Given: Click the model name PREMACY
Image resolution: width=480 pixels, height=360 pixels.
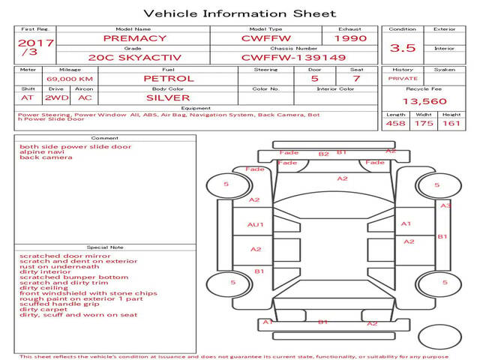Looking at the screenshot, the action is (x=135, y=38).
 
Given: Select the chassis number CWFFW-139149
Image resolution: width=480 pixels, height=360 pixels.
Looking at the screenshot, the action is (x=293, y=58).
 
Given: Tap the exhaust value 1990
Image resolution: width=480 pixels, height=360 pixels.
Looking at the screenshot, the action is (x=350, y=38).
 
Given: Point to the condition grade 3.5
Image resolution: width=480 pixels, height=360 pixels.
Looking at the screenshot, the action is (x=403, y=48).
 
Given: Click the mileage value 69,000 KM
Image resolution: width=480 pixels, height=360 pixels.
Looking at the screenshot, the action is (x=70, y=79).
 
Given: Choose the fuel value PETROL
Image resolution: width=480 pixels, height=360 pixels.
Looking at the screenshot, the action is (x=169, y=79).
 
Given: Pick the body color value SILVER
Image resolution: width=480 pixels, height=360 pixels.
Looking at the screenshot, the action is (x=168, y=98).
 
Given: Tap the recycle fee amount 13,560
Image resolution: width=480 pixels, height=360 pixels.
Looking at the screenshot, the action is (x=424, y=101).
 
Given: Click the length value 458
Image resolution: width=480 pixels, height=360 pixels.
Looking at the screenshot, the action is (x=395, y=123).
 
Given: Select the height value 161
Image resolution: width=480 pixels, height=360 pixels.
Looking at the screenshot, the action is (x=451, y=123).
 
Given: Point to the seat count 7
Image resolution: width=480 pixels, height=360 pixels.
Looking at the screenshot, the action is (x=356, y=79).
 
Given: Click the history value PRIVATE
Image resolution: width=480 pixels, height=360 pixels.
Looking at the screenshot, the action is (x=403, y=79).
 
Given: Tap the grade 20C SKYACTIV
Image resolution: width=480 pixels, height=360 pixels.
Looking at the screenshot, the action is (x=135, y=58).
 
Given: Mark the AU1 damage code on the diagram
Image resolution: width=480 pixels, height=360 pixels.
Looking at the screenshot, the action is (x=255, y=225).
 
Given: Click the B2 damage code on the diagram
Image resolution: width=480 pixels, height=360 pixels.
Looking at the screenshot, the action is (x=323, y=154).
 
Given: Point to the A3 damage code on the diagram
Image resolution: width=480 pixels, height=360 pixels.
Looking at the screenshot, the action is (x=445, y=205).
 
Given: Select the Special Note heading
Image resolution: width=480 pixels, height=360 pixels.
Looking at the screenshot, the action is (x=105, y=247).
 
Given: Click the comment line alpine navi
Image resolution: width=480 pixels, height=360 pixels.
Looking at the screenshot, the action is (x=42, y=151).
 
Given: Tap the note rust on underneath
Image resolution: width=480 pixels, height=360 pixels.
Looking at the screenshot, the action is (x=59, y=267).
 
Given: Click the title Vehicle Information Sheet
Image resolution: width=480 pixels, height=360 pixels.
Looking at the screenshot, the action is (x=240, y=13).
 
